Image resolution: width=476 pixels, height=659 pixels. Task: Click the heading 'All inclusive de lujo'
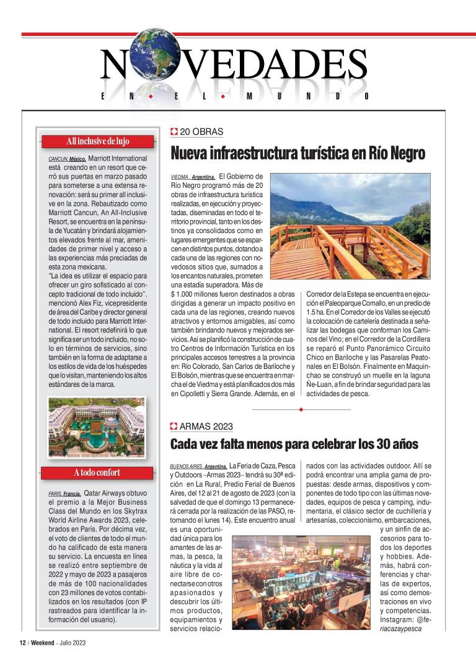click(97, 141)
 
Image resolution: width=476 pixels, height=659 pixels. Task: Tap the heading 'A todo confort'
click(97, 473)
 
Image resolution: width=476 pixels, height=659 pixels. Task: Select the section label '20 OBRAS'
click(201, 132)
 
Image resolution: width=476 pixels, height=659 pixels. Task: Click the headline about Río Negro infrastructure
click(297, 153)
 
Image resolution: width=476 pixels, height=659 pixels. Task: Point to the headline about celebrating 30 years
click(294, 444)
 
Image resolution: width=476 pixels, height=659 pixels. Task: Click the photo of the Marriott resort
click(96, 427)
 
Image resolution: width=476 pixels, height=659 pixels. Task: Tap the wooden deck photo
click(350, 228)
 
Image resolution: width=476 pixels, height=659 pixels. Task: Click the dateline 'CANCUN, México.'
click(67, 159)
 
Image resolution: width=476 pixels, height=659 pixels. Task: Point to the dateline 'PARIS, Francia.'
click(64, 494)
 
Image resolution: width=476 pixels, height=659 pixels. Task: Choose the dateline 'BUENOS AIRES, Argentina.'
click(198, 466)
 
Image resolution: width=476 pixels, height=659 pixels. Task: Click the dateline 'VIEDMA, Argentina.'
click(193, 177)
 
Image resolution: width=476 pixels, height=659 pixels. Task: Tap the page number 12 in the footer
click(22, 642)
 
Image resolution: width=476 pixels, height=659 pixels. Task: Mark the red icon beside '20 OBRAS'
click(174, 132)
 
